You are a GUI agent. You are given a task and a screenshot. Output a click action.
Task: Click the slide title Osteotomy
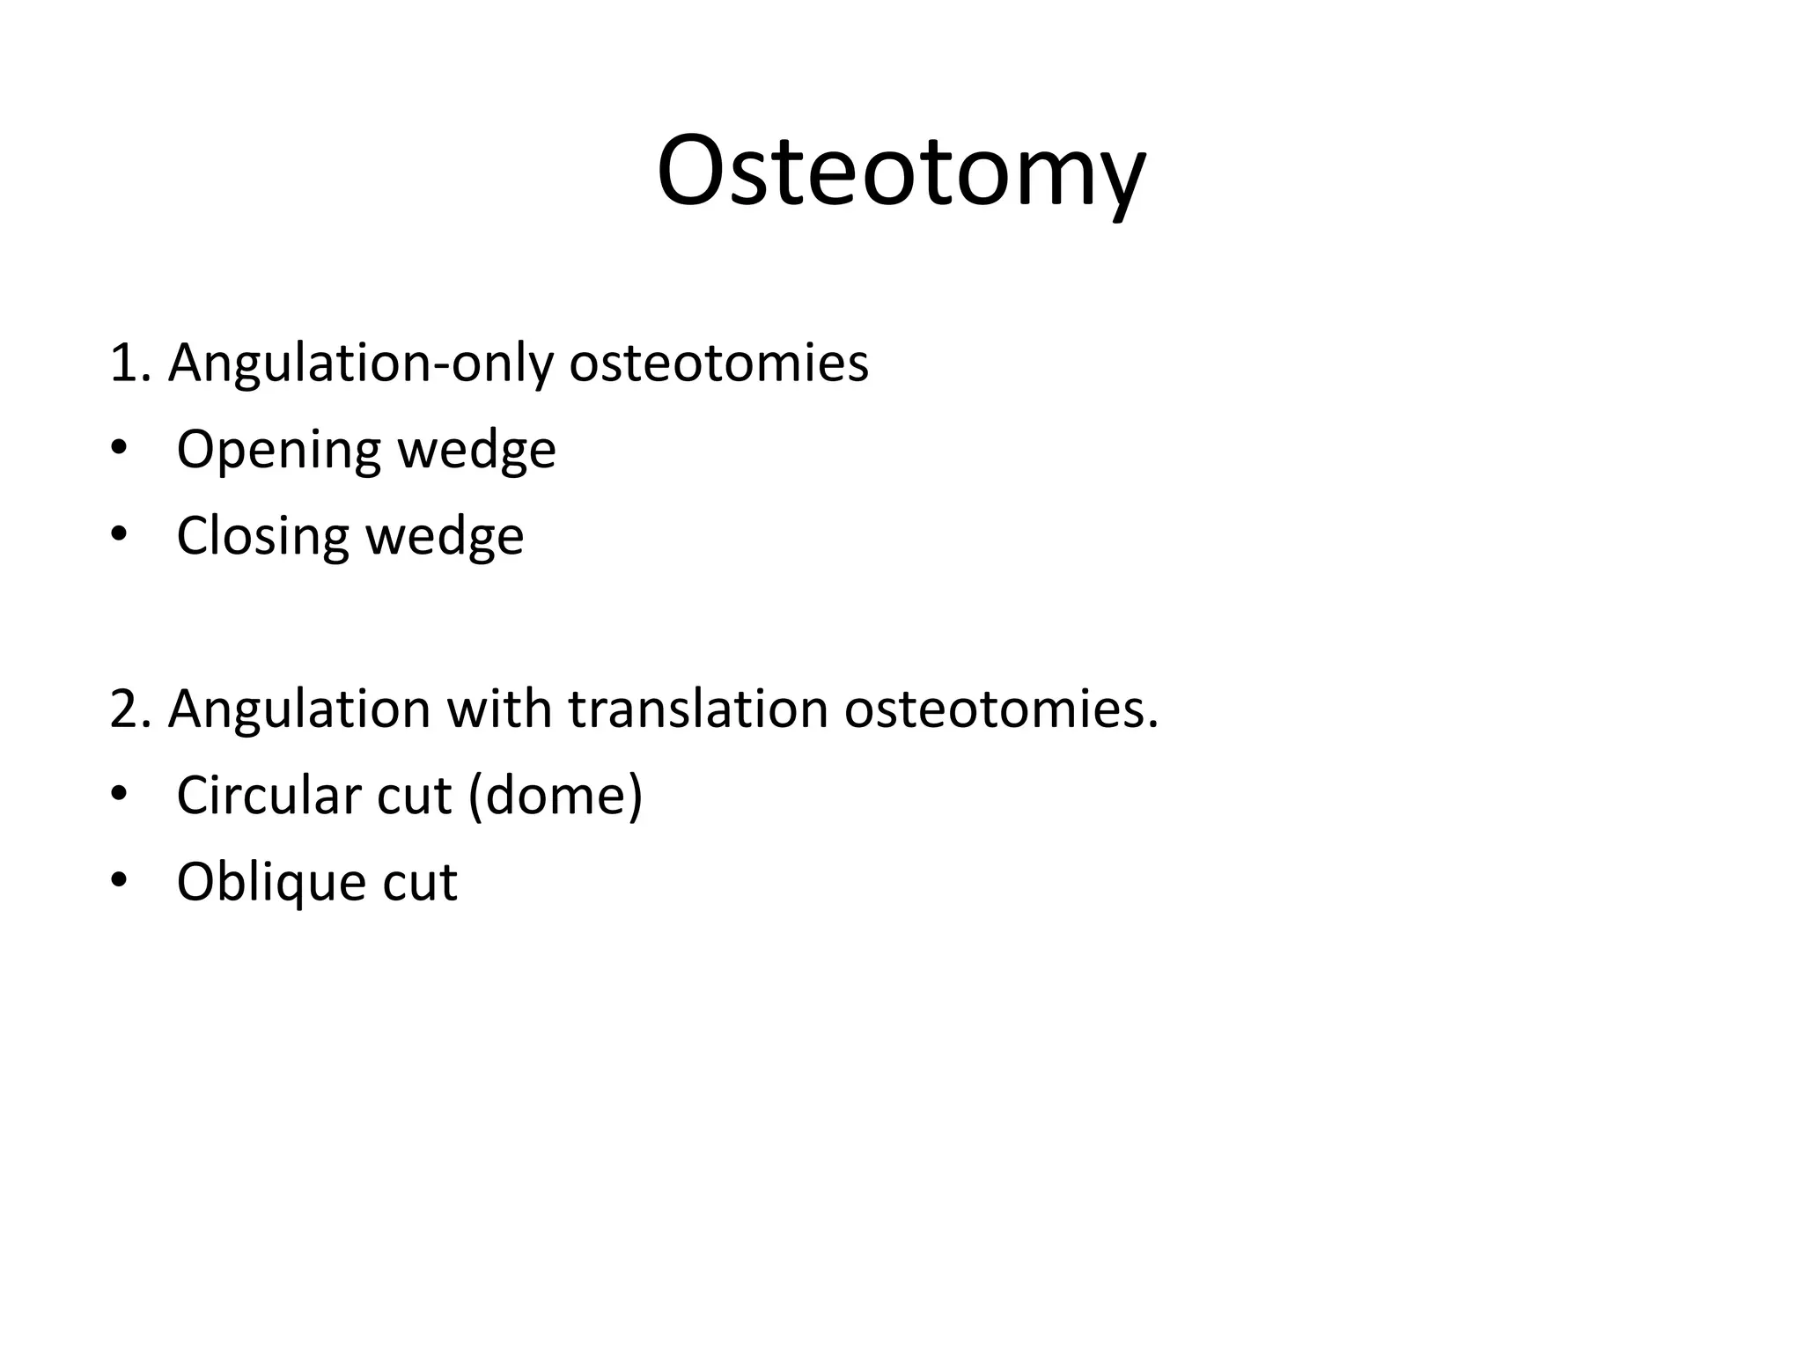901,172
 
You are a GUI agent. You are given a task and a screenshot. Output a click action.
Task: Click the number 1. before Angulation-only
134,362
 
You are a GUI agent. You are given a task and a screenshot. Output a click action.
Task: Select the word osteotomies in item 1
718,362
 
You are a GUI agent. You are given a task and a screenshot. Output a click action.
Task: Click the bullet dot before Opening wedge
119,450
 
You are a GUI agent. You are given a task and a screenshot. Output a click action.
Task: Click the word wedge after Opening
476,451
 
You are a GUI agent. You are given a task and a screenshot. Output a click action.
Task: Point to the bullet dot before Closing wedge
119,536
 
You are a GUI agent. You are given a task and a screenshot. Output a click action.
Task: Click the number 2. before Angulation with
134,709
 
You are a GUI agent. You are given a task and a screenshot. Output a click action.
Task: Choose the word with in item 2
499,708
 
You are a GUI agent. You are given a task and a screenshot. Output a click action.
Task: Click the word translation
698,708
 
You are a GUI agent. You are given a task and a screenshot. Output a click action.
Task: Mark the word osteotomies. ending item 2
1001,708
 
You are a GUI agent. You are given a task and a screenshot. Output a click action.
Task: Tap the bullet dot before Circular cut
119,796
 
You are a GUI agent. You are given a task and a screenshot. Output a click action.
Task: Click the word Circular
269,795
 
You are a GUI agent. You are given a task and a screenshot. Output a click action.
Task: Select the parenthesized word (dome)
556,795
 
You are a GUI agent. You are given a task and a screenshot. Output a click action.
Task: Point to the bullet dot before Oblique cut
119,881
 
